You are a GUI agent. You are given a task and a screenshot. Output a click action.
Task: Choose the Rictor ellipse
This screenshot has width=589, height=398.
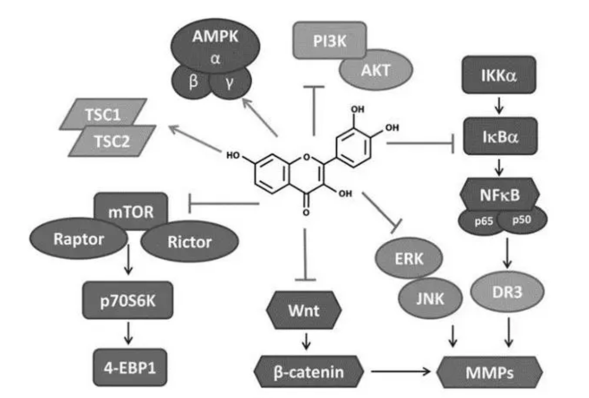point(189,242)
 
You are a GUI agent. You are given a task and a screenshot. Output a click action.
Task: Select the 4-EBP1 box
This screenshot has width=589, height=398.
point(128,368)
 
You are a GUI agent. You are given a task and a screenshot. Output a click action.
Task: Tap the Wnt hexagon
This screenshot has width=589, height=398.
point(303,312)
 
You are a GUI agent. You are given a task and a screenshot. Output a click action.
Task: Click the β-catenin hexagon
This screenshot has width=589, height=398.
point(309,372)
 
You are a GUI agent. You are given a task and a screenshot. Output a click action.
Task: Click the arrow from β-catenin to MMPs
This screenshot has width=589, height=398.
point(402,372)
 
